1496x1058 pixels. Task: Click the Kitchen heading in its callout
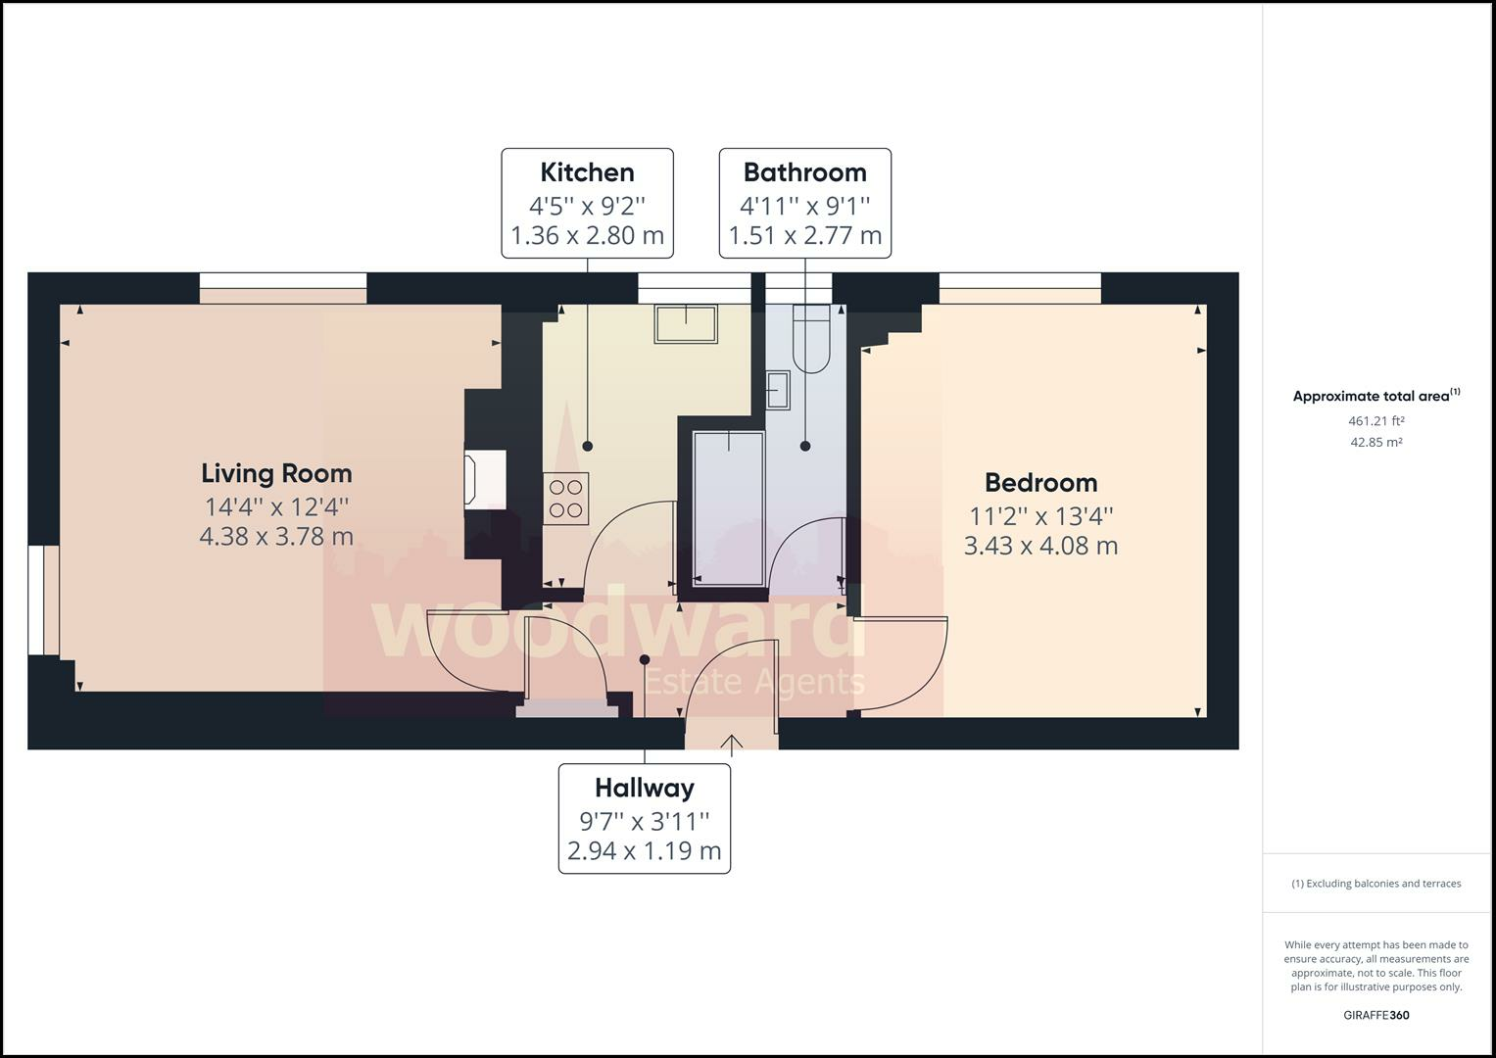click(x=587, y=172)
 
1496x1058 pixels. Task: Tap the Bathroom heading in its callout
click(x=804, y=172)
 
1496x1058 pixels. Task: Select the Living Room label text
click(x=276, y=473)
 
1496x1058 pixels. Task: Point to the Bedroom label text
click(x=1040, y=482)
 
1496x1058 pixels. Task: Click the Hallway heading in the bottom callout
click(x=644, y=788)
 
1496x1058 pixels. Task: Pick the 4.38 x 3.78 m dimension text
click(x=276, y=537)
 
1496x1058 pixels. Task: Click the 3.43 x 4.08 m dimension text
click(x=1040, y=546)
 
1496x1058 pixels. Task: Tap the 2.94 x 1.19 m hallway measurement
click(x=644, y=850)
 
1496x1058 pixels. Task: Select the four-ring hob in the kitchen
click(x=565, y=497)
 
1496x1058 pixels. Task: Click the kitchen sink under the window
click(x=686, y=323)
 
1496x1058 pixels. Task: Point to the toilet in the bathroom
click(x=811, y=338)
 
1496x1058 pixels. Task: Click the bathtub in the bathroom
click(x=728, y=506)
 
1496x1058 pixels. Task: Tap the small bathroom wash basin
click(x=779, y=390)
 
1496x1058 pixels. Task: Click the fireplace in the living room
click(x=485, y=479)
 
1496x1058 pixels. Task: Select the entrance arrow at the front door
click(x=732, y=744)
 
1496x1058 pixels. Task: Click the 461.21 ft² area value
click(x=1375, y=421)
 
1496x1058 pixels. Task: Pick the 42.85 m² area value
click(x=1375, y=442)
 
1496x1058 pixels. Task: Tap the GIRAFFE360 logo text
click(x=1375, y=1015)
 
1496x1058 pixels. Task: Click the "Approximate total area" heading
click(x=1371, y=397)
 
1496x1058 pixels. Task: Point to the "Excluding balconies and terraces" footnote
click(x=1375, y=884)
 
